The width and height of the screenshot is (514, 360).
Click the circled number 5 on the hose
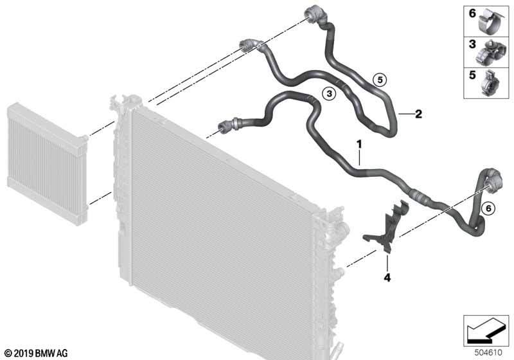pos(380,79)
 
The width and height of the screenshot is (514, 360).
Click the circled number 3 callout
pos(329,94)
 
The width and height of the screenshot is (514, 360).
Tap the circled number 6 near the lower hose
pos(488,208)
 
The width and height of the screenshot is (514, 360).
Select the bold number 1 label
pos(360,144)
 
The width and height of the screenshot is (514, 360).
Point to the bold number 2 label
pos(418,114)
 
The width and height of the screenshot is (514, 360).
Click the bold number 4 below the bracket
pos(387,278)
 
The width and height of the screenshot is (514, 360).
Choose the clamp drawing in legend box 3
pos(488,53)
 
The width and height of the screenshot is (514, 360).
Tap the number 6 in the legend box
pos(472,13)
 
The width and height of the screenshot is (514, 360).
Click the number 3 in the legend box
pos(472,44)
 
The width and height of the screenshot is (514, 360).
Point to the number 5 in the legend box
pos(472,75)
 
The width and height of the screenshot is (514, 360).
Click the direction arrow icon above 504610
pos(486,330)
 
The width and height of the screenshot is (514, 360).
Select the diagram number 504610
pos(488,353)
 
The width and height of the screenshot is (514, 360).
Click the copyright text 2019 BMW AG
pos(37,353)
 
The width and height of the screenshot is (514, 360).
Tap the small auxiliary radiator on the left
pos(47,163)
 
